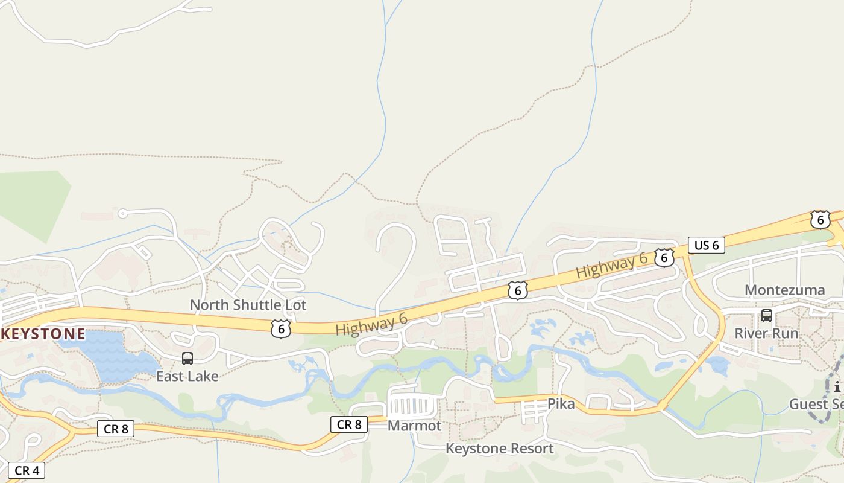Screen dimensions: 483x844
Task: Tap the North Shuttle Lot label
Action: (x=248, y=305)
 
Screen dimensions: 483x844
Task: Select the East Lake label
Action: (x=187, y=376)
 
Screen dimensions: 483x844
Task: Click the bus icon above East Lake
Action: (x=187, y=359)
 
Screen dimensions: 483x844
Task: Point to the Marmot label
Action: (x=414, y=426)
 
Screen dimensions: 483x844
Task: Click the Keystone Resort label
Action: (x=499, y=449)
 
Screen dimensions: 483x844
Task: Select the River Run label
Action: (x=766, y=333)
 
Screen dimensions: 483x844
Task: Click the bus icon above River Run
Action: (x=767, y=315)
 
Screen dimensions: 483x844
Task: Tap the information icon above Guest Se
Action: (x=837, y=387)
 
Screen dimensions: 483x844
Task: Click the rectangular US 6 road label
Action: (x=706, y=245)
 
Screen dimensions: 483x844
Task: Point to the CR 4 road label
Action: (x=27, y=470)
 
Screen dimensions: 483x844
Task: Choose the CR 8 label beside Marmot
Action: (x=349, y=424)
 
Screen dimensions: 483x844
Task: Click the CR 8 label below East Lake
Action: (x=116, y=429)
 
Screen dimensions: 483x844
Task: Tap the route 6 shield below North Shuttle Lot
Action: (x=281, y=328)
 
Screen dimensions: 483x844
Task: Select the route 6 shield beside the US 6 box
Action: (x=664, y=258)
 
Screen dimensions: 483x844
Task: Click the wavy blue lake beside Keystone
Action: (x=118, y=356)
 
